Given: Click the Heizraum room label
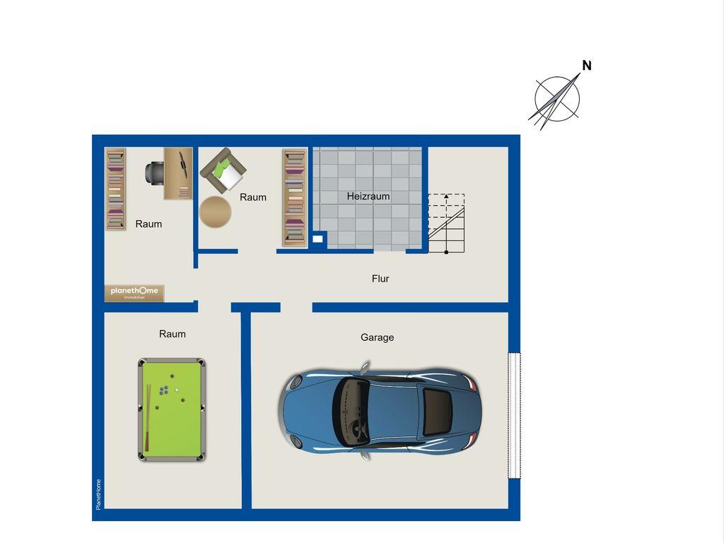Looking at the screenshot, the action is click(x=368, y=197).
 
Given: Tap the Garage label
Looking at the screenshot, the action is click(x=378, y=337).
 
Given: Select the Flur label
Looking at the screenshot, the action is click(x=380, y=279).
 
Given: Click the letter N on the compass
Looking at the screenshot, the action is click(x=587, y=66).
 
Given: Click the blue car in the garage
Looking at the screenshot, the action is click(x=380, y=411).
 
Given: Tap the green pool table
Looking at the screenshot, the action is click(x=172, y=409).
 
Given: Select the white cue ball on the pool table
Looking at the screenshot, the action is click(x=176, y=390).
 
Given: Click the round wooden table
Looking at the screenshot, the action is click(x=215, y=211).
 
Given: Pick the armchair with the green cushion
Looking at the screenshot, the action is click(x=223, y=170).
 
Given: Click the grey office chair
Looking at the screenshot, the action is click(x=154, y=173).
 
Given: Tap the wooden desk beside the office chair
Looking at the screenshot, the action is click(x=178, y=174).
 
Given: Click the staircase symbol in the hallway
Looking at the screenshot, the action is click(x=446, y=223).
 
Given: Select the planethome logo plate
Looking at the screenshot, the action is click(x=134, y=293).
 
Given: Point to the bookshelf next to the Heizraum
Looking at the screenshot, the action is click(x=295, y=198).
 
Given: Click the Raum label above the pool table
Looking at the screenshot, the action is click(x=173, y=334).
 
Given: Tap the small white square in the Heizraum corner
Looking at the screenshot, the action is click(x=317, y=239).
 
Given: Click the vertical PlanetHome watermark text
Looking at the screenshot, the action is click(x=98, y=494).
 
